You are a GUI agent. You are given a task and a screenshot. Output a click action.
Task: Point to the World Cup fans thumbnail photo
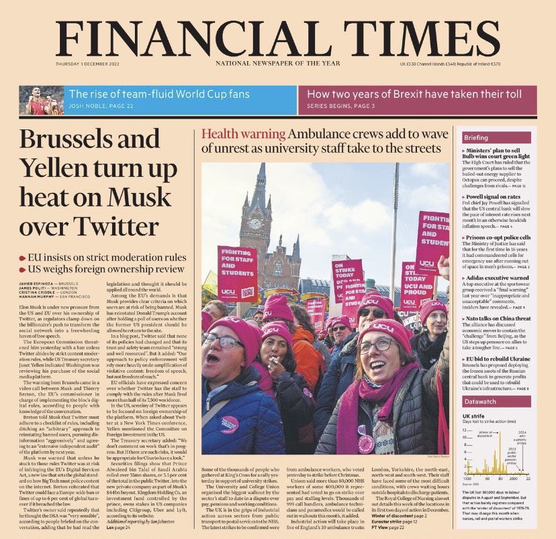41,101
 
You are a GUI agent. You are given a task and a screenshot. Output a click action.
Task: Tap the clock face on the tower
254,223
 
